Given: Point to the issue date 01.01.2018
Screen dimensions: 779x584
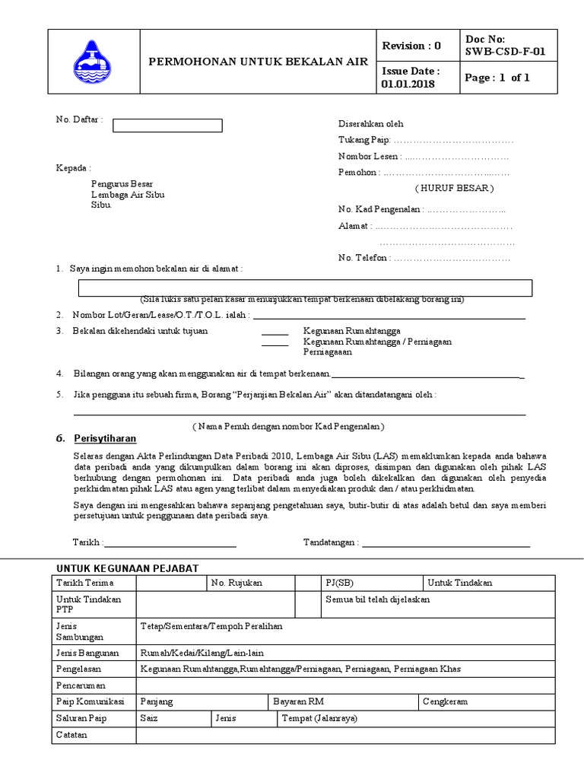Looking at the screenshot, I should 408,84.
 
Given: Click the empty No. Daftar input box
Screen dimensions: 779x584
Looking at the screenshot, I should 167,126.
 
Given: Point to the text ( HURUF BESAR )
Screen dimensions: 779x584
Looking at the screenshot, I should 454,188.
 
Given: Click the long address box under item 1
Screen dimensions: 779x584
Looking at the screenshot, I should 306,288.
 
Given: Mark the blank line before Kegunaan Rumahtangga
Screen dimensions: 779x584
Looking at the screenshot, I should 275,332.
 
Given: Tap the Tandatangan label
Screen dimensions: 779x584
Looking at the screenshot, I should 331,542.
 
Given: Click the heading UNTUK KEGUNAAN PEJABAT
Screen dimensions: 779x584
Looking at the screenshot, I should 128,568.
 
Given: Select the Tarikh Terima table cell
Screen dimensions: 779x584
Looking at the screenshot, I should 78,583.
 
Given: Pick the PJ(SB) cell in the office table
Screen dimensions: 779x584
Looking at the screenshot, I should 338,583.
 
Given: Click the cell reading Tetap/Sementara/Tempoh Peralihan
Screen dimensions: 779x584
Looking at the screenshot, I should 211,625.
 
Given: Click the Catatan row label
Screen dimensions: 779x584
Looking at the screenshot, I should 72,735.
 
